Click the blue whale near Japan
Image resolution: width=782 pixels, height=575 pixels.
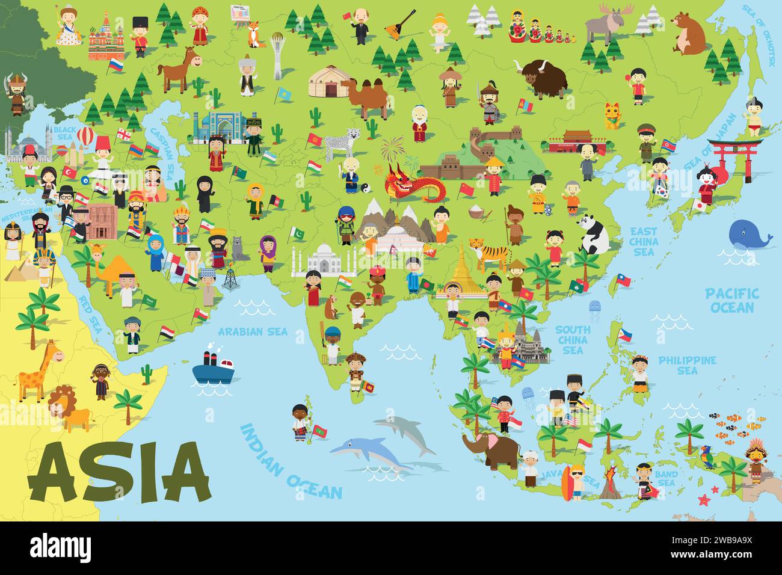[750, 235]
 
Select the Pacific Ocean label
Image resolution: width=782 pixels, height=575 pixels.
[731, 300]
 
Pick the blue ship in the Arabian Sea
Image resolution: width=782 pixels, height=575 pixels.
[214, 367]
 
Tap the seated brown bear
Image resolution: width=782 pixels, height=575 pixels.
[689, 33]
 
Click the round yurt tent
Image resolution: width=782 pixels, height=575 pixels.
[330, 82]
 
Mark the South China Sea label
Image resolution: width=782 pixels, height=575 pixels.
[572, 339]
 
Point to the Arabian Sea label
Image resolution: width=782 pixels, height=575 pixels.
[253, 331]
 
